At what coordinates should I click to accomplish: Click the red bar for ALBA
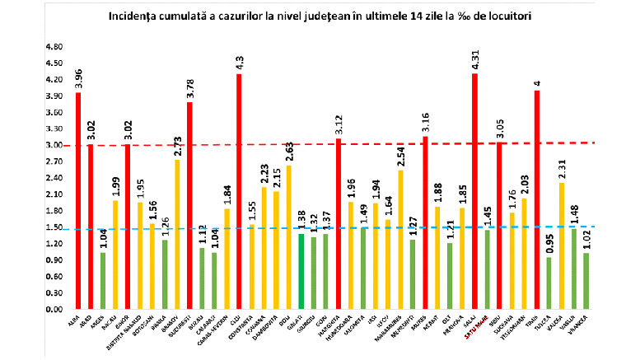[78, 201]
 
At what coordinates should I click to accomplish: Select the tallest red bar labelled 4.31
[475, 191]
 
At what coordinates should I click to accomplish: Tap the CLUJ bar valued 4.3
[239, 191]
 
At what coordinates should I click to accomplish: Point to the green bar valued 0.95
[549, 283]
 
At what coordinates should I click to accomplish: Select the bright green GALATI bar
[301, 272]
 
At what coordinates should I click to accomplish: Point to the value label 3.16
[425, 123]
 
